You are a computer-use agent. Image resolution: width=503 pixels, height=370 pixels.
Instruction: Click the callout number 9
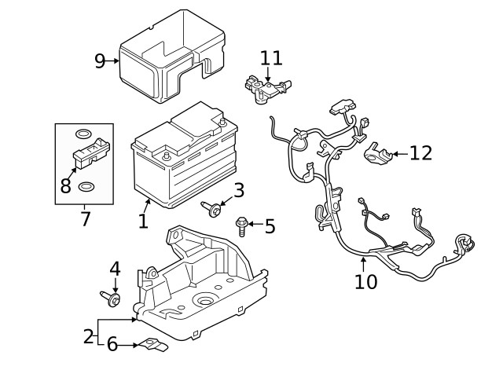[x=100, y=60]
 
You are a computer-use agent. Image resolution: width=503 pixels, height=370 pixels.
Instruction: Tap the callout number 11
[x=270, y=57]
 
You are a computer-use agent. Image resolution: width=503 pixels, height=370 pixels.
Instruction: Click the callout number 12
[x=420, y=152]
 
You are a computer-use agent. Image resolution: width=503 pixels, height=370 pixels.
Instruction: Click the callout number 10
[x=366, y=280]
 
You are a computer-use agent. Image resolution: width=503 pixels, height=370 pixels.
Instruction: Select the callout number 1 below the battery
[x=142, y=221]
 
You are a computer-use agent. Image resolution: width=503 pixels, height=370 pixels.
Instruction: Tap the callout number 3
[x=238, y=189]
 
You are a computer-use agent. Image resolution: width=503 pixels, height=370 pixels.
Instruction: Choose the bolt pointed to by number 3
[x=212, y=207]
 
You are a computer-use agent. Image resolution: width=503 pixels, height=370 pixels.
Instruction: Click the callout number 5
[x=270, y=227]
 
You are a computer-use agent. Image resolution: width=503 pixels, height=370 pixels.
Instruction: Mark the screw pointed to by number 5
[x=243, y=227]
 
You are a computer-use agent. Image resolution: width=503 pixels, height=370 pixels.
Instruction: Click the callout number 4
[x=115, y=268]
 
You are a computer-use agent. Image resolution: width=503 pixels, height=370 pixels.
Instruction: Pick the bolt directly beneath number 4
[x=112, y=298]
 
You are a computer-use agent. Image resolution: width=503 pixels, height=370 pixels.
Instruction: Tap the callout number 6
[x=112, y=343]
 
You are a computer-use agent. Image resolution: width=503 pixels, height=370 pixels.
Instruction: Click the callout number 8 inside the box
[x=66, y=185]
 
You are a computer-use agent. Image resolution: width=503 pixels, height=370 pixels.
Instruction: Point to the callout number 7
[x=85, y=218]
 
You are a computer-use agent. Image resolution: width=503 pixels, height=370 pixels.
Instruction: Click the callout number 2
[x=88, y=337]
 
